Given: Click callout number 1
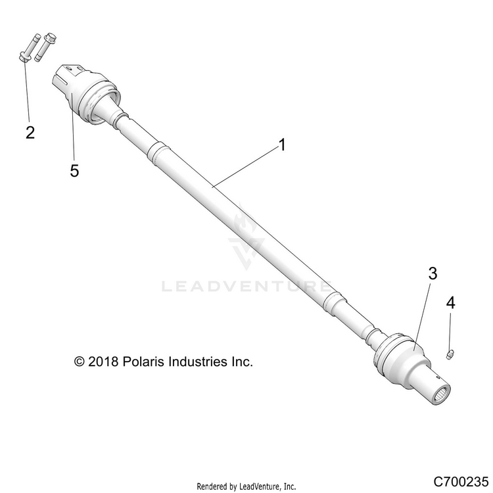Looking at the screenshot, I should point(282,145).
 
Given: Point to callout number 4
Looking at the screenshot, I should point(450,303).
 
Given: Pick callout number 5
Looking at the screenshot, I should point(74,170).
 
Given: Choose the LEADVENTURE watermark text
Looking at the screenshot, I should point(246,287).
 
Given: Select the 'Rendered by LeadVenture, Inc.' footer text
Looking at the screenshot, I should point(246,486).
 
